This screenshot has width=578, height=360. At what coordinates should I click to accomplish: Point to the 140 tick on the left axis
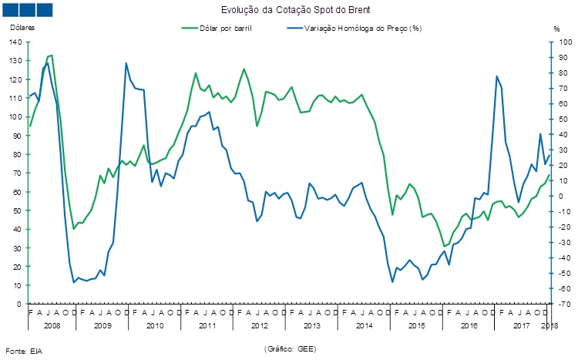15,42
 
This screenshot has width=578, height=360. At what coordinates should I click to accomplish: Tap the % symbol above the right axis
557,28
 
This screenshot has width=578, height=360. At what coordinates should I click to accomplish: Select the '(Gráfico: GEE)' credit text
290,348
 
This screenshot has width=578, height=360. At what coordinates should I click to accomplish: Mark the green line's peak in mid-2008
51,56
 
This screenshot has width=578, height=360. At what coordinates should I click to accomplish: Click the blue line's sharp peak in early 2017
497,76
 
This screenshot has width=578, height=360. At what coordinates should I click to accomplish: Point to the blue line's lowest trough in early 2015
392,281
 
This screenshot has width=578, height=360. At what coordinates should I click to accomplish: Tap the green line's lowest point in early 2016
444,246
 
